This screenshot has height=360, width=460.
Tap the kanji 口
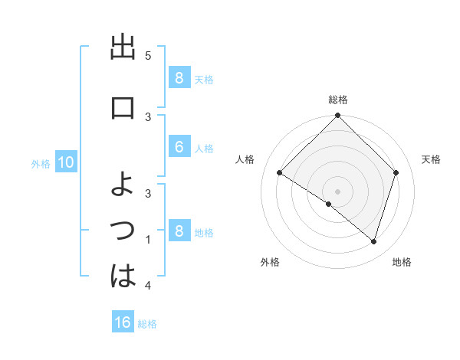[123, 107]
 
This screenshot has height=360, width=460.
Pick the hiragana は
[123, 276]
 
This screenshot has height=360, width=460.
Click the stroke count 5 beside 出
[148, 55]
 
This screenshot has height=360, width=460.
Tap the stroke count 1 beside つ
[148, 240]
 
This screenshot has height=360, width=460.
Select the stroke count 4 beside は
[148, 285]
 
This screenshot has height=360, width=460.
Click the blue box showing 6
[179, 147]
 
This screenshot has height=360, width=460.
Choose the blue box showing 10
[65, 162]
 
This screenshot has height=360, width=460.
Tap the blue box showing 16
[123, 322]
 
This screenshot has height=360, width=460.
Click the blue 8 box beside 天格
[179, 77]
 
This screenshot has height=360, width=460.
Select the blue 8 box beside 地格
[179, 231]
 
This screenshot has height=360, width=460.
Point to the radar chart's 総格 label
[337, 100]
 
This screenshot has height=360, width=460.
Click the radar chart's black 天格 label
[432, 159]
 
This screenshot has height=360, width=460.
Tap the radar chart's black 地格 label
[402, 263]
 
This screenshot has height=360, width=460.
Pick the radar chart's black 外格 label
[270, 263]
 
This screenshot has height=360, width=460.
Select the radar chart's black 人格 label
[245, 159]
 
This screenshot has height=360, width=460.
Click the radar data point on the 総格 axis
[337, 116]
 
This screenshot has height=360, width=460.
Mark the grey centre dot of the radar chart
[337, 190]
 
